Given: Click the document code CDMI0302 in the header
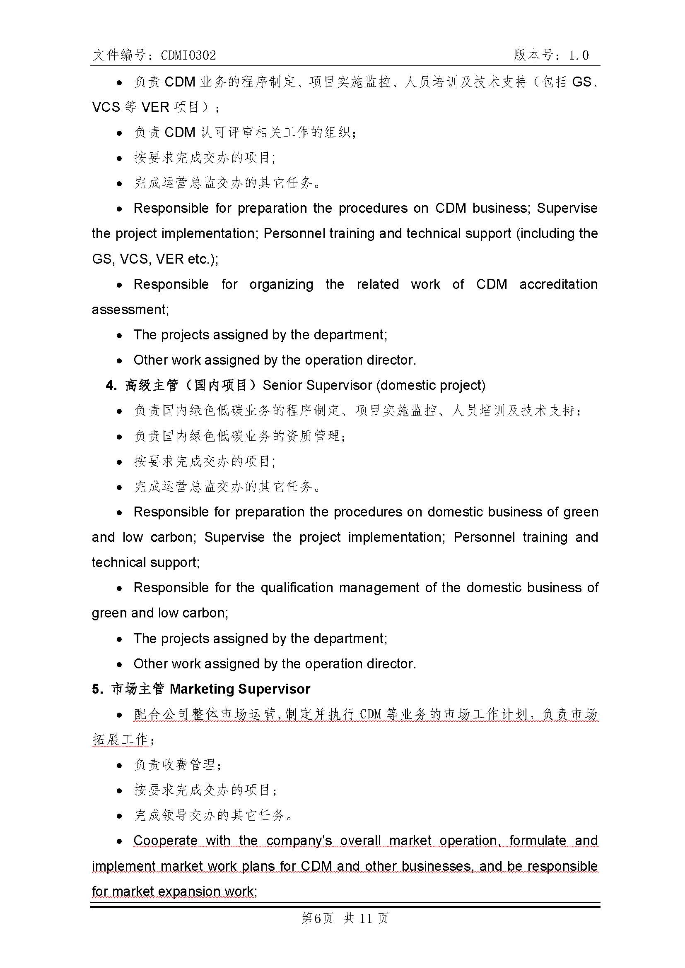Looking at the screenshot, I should click(188, 55).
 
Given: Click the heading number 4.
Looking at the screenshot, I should click(111, 385).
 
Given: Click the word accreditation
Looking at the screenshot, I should click(558, 284).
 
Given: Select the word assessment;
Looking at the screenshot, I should click(130, 310).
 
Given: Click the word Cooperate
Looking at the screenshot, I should click(165, 840).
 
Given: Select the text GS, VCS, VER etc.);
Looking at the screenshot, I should click(155, 259).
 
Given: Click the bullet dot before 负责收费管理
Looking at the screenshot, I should click(120, 765).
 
